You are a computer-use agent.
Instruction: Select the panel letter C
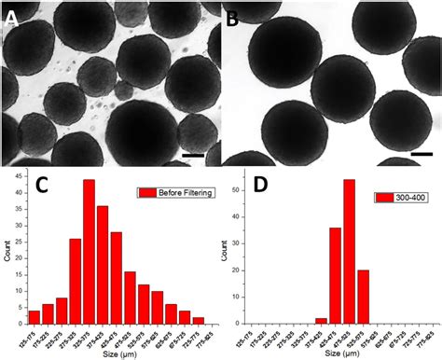pos(42,186)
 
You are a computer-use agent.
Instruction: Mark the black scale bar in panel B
pos(421,152)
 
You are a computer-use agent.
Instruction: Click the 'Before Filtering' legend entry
pos(175,192)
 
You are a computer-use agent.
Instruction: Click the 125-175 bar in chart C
pos(35,314)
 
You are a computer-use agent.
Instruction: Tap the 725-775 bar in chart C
pos(198,318)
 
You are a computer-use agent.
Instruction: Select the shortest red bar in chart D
pos(322,319)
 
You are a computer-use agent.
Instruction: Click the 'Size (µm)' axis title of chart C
pos(117,353)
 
